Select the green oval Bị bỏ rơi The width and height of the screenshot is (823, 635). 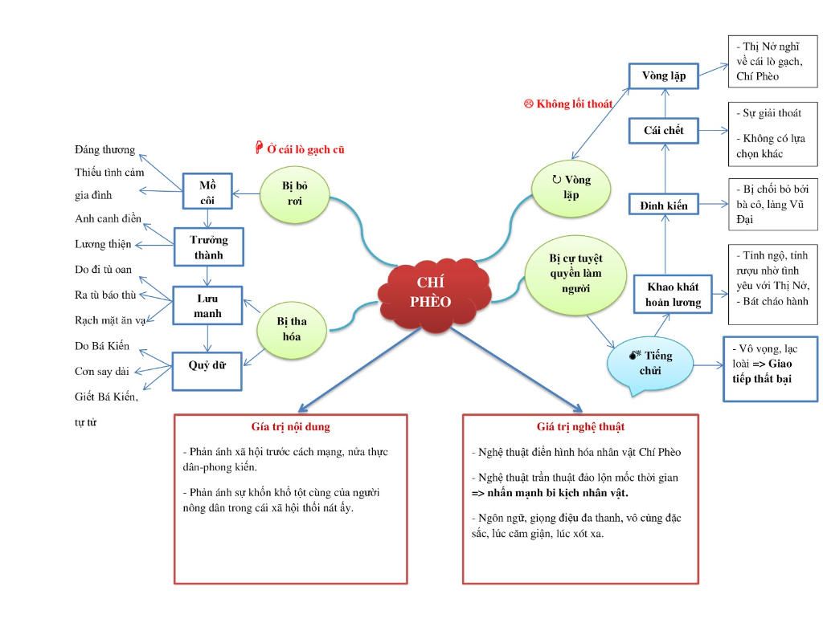tap(295, 193)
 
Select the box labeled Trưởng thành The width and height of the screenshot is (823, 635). tap(208, 247)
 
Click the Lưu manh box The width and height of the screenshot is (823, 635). tap(207, 305)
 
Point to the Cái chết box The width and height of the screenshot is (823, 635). tap(664, 130)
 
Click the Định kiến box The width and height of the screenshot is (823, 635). tap(664, 206)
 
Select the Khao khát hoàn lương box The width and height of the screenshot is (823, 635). tap(674, 295)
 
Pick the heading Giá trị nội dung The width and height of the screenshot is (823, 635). tap(291, 427)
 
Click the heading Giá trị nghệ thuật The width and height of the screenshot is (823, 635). tap(580, 427)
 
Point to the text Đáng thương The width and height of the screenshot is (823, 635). tap(104, 150)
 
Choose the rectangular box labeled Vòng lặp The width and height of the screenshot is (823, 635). tap(664, 75)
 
